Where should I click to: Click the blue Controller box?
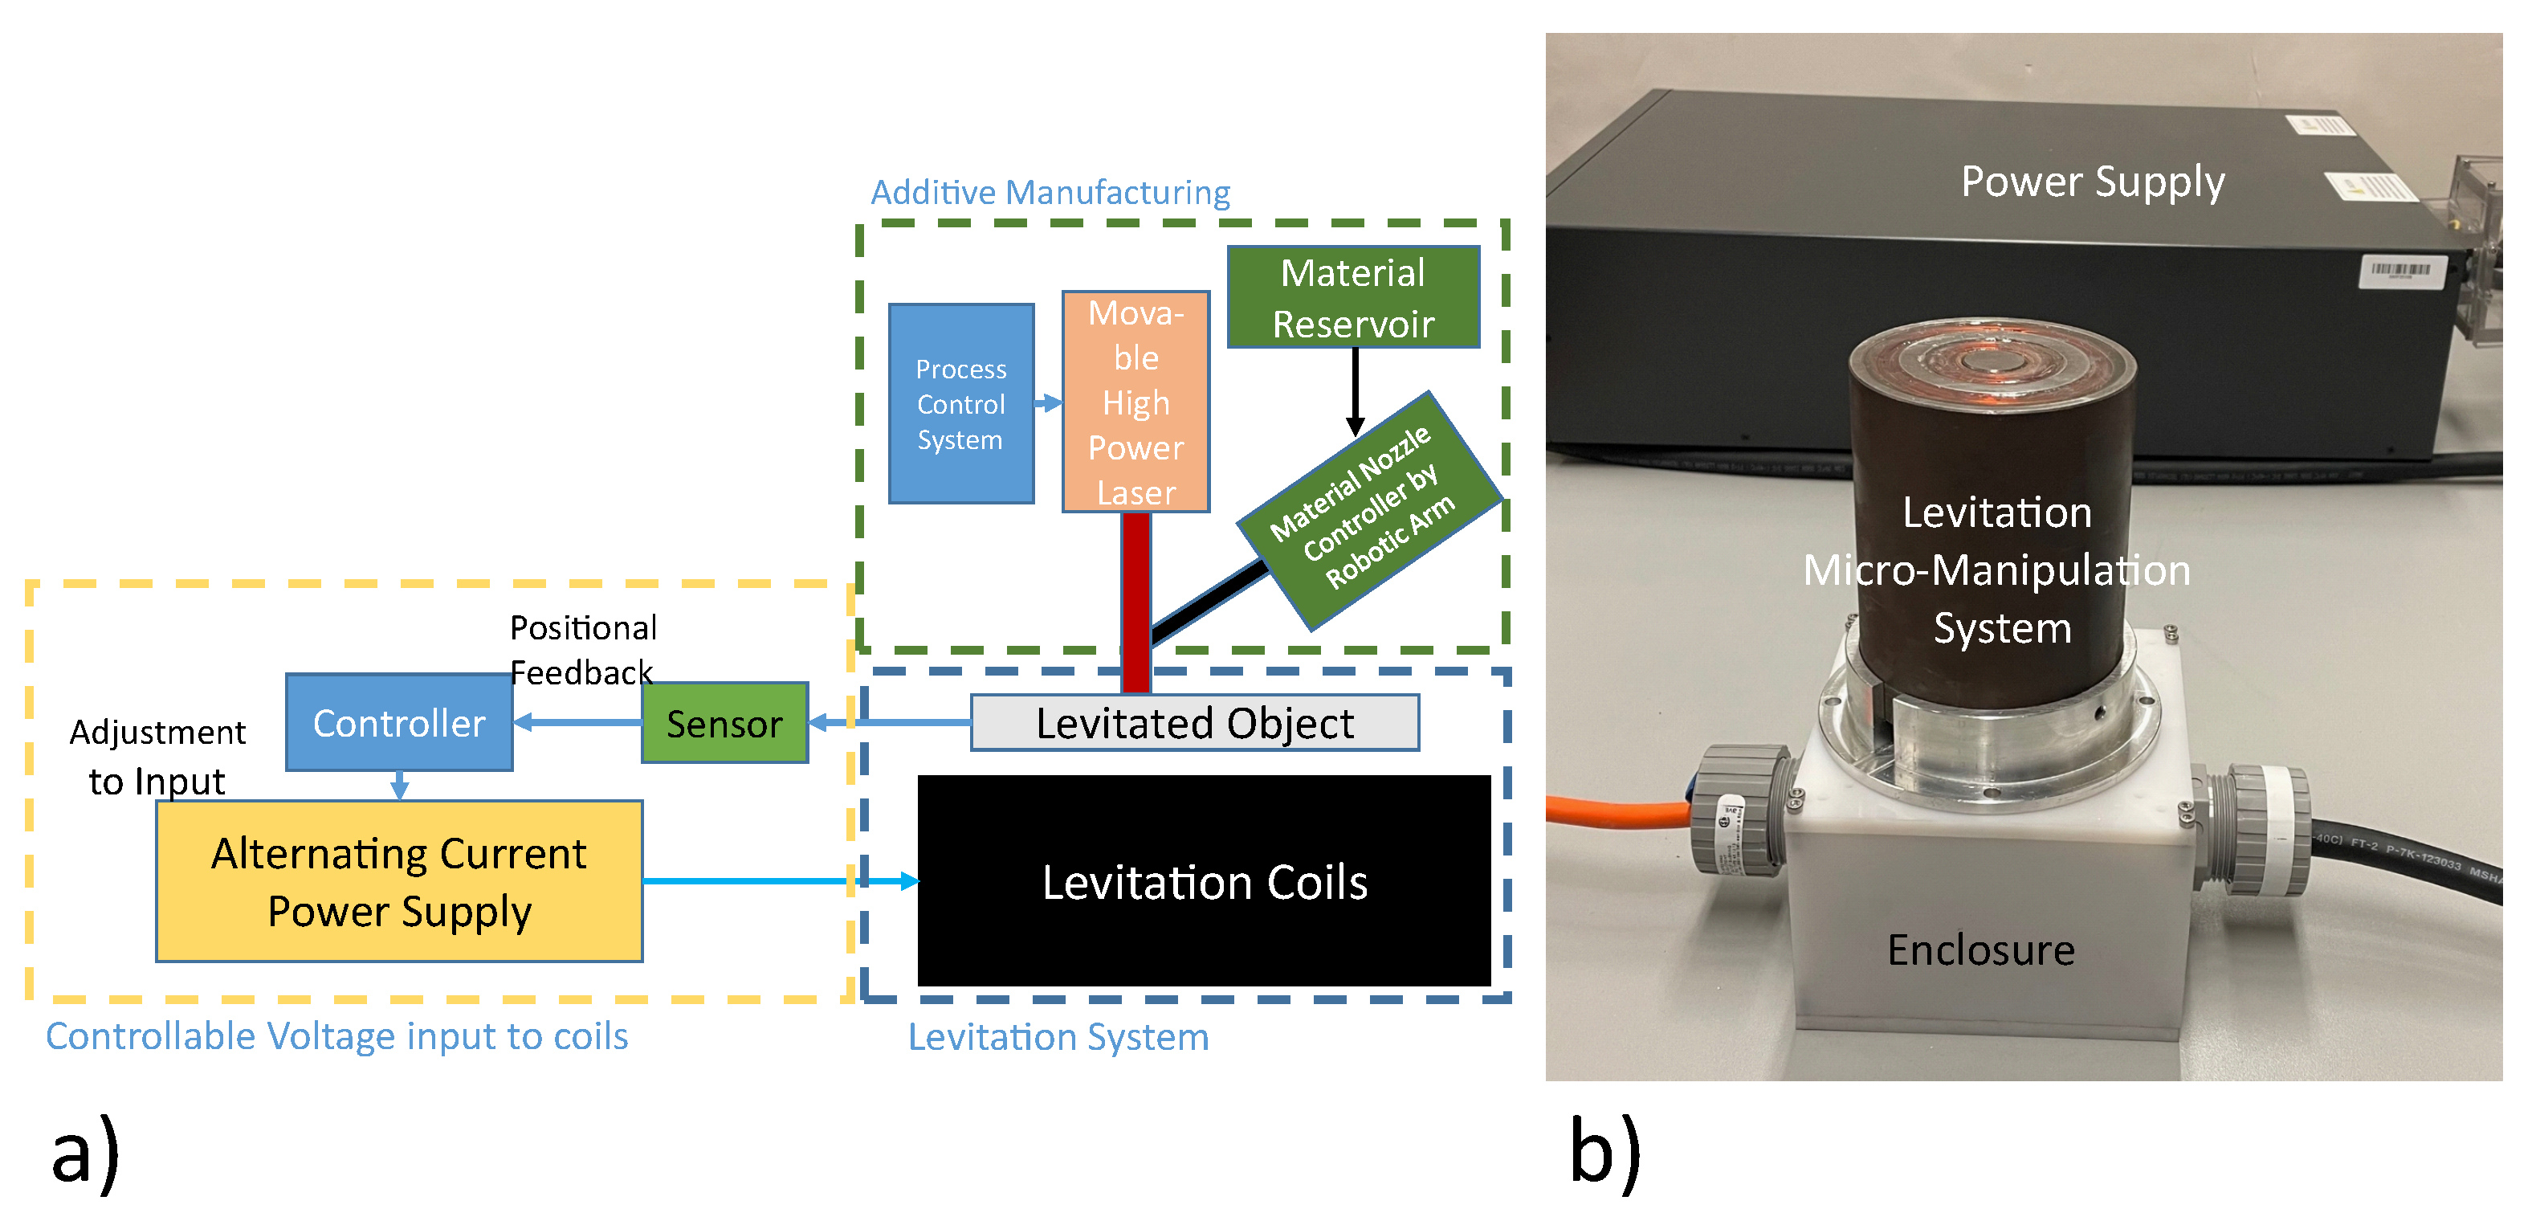[399, 723]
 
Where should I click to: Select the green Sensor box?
[724, 723]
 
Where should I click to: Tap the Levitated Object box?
[1194, 723]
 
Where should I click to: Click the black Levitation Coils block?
[1203, 880]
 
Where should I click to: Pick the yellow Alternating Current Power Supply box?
[399, 880]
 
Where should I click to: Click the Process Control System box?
[961, 404]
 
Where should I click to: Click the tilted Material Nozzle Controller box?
[1368, 510]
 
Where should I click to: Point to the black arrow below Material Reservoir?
[1355, 389]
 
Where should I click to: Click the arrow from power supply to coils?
[777, 880]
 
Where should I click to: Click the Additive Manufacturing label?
[1050, 192]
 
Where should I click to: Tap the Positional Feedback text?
[583, 650]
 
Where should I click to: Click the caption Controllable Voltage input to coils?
[336, 1036]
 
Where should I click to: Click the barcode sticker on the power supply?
[2400, 271]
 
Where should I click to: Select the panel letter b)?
[1604, 1152]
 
